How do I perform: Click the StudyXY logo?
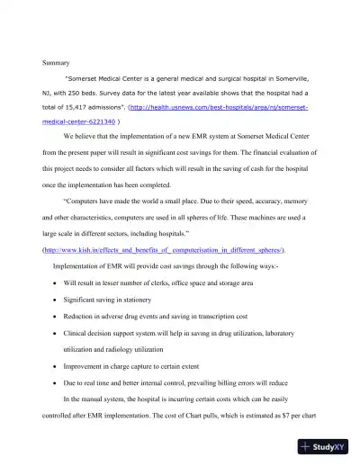[x=327, y=444]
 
